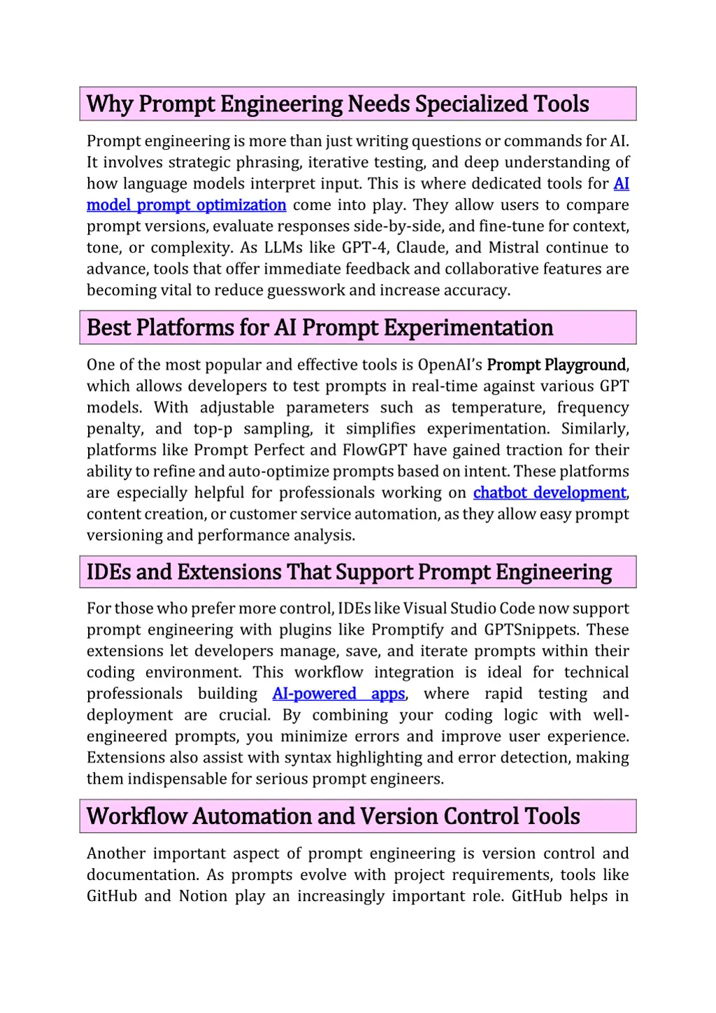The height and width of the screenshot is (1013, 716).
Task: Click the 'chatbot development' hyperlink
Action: [x=550, y=493]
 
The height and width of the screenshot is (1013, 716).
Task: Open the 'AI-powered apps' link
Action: [x=339, y=693]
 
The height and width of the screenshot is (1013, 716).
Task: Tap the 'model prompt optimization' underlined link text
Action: [x=187, y=205]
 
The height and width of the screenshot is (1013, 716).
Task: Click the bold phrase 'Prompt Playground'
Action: [x=557, y=364]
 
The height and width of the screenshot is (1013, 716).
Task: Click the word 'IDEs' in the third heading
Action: [x=108, y=572]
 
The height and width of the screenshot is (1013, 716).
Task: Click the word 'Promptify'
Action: [x=405, y=630]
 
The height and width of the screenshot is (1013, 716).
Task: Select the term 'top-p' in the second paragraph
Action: [x=213, y=429]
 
